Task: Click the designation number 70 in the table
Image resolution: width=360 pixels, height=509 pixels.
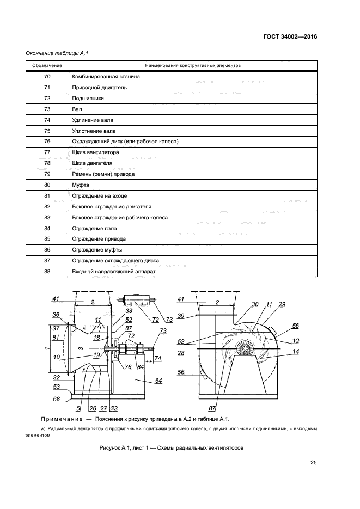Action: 47,77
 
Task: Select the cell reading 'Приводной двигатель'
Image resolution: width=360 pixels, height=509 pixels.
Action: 100,87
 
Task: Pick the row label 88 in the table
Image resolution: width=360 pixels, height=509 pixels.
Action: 47,271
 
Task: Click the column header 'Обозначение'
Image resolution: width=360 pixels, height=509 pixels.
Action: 47,66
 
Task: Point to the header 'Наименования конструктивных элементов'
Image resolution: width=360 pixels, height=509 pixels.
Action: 193,66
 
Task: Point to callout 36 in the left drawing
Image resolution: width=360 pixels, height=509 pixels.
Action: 56,315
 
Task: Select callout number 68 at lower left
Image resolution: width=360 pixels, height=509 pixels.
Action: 56,399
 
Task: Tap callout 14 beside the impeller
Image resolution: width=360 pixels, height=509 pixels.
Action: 296,352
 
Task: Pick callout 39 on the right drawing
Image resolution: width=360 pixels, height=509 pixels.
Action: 181,316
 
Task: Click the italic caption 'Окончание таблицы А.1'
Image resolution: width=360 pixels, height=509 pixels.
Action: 57,53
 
